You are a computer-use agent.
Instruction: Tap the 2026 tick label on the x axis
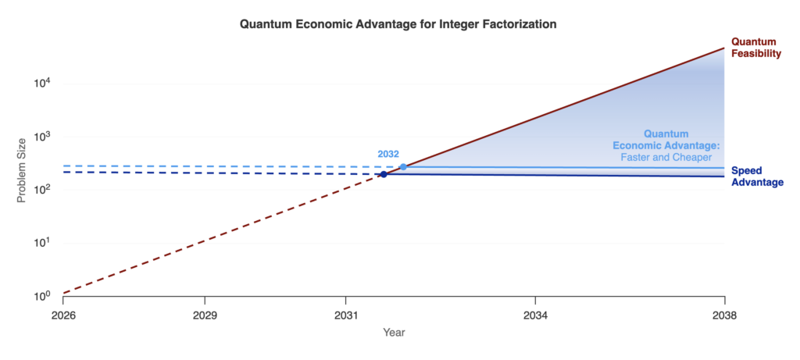62,315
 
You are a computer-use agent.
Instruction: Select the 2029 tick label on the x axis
205,315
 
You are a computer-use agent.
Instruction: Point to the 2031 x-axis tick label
345,315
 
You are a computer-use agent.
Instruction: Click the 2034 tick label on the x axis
535,315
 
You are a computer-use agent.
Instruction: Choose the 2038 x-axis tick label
725,315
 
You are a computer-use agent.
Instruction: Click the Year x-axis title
394,333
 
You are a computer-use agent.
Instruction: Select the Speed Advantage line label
757,176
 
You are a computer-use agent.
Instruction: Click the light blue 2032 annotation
388,154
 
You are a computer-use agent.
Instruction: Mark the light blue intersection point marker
403,167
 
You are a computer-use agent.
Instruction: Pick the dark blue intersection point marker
384,174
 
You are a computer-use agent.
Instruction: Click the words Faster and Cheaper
666,158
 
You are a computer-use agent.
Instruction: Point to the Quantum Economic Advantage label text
666,140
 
